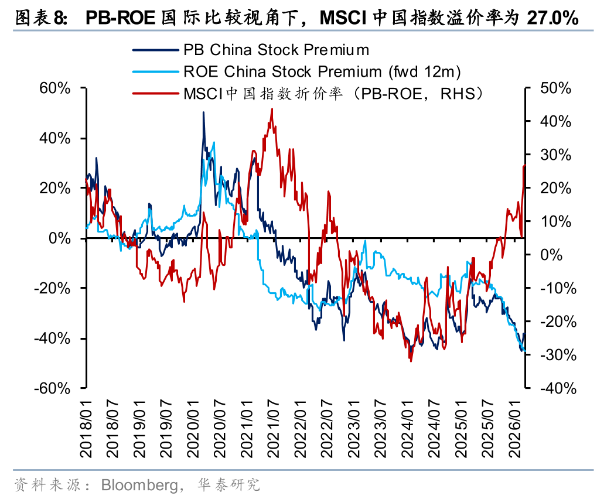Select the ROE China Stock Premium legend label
click(322, 71)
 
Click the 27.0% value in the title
click(552, 18)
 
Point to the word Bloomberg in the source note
click(139, 485)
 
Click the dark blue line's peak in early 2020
click(203, 112)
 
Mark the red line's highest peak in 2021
click(272, 109)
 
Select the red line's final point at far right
click(524, 166)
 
